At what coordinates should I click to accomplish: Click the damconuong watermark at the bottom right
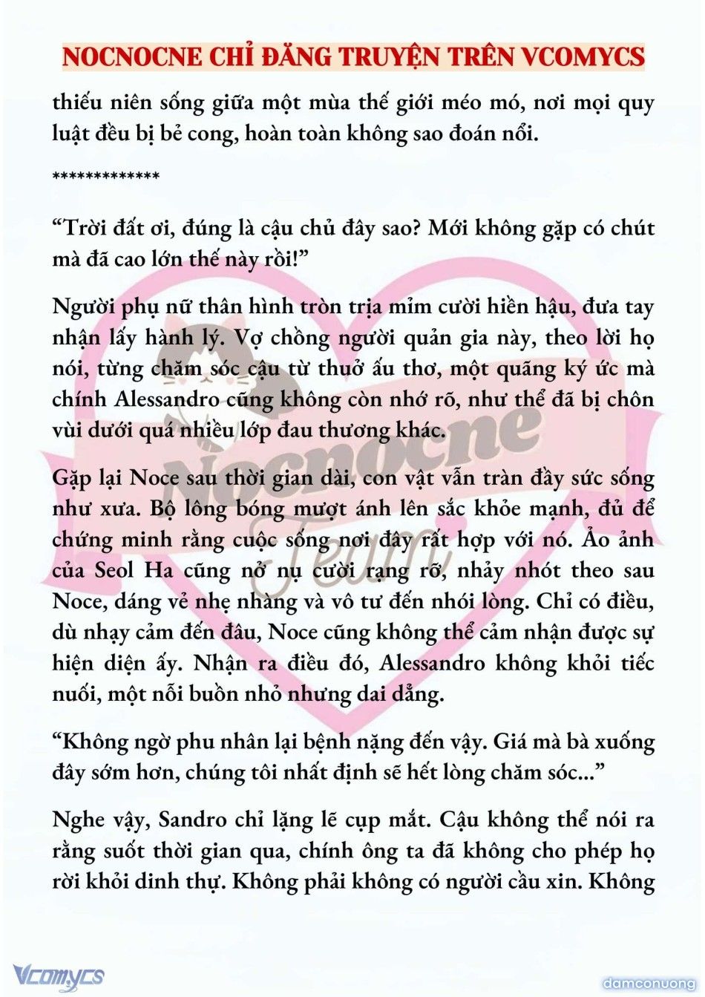649,984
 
